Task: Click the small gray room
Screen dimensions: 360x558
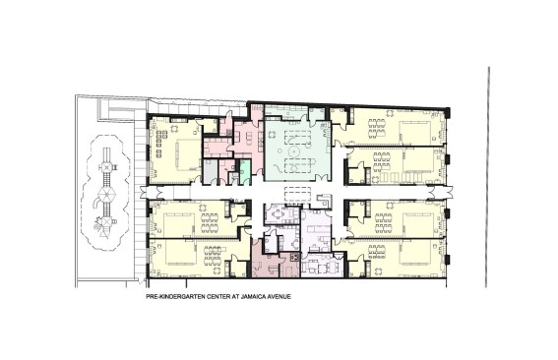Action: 211,170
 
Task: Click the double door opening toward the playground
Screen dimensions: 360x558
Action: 146,191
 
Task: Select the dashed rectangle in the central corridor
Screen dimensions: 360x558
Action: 294,191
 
